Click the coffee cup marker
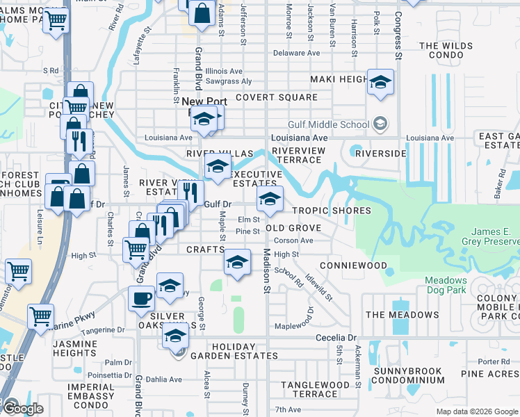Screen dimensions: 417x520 click(x=141, y=299)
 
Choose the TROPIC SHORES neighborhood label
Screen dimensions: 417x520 click(x=332, y=211)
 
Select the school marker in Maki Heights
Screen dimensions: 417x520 click(x=380, y=83)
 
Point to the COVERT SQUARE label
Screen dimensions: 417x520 click(x=276, y=98)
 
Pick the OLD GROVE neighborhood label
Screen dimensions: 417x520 click(x=293, y=228)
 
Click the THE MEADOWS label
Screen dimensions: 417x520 click(x=402, y=315)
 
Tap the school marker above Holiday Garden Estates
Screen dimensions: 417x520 click(x=176, y=337)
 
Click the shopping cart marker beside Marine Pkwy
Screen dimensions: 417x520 click(x=41, y=316)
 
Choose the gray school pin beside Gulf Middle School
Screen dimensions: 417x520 click(x=380, y=124)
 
